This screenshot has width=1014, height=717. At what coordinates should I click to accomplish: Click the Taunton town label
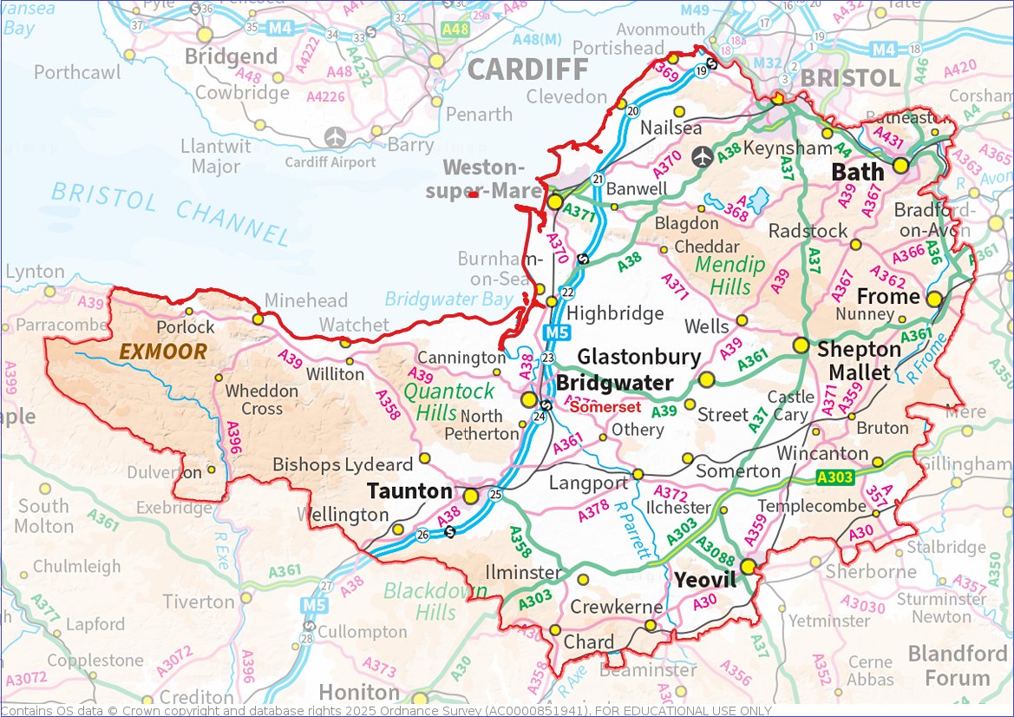tap(409, 491)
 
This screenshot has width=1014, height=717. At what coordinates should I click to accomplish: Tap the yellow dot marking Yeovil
tap(748, 566)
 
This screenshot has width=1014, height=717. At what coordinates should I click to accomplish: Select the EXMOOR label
tap(163, 352)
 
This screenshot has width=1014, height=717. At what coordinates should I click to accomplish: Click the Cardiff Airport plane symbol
tap(335, 138)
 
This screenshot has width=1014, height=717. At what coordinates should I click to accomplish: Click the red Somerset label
tap(605, 407)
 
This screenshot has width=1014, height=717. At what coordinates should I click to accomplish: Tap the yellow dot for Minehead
tap(258, 319)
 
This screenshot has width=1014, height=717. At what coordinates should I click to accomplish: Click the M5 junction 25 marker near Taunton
tap(495, 495)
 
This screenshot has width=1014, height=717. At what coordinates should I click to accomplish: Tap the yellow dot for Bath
tap(901, 164)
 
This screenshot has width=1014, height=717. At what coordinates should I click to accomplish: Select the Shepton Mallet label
tap(859, 361)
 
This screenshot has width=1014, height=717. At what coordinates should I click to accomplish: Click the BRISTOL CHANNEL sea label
tap(169, 214)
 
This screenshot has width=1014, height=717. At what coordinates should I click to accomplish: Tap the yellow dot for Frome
tap(934, 299)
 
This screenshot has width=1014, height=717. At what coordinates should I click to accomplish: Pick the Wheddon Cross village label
tap(262, 399)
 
